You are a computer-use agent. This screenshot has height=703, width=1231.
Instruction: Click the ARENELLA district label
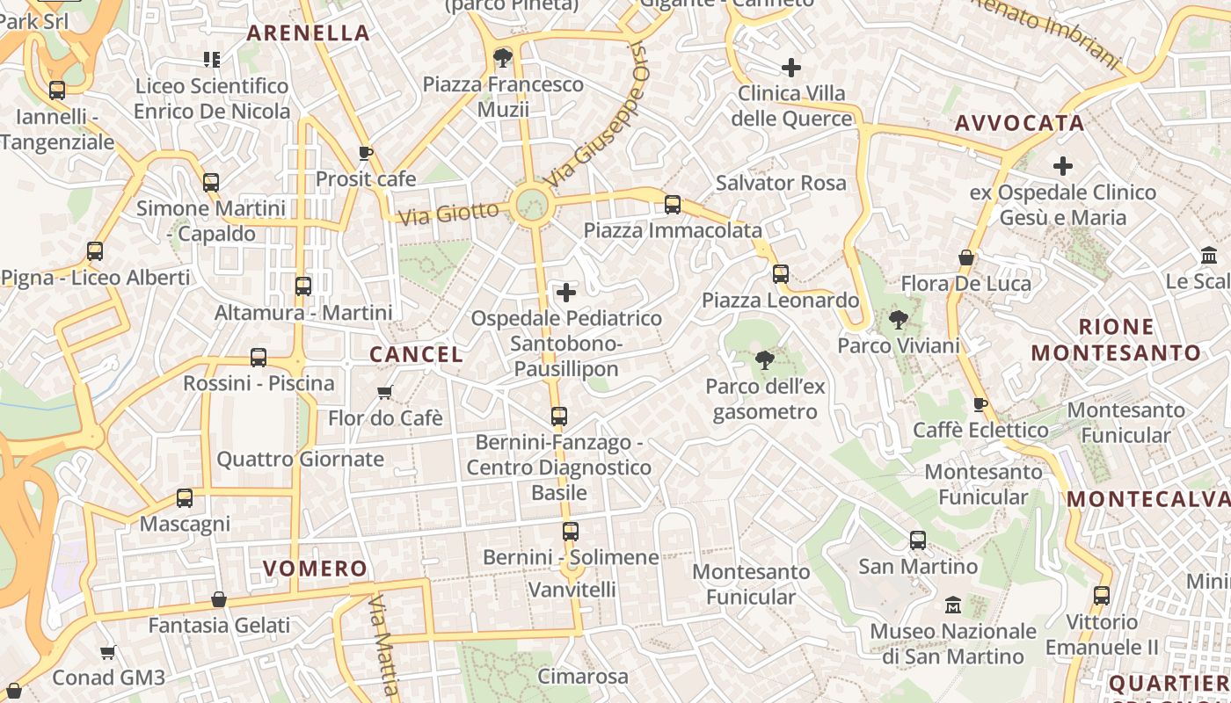click(x=308, y=33)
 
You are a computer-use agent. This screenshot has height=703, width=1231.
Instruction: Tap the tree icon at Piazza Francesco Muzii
click(x=503, y=58)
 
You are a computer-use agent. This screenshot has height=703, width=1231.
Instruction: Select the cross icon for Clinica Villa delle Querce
click(x=791, y=67)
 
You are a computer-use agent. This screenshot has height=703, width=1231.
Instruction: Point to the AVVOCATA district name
click(x=1020, y=123)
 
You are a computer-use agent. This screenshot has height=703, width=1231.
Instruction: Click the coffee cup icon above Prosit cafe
click(x=366, y=153)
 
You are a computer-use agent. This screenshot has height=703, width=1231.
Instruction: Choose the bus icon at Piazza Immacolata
click(x=673, y=205)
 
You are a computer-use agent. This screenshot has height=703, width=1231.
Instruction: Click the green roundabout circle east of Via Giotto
click(x=532, y=204)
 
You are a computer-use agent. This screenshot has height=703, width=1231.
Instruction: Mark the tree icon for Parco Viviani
click(x=898, y=320)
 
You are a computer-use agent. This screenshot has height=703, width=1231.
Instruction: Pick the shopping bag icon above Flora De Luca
click(x=965, y=257)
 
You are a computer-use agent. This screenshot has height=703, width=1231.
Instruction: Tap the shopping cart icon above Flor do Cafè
click(x=384, y=392)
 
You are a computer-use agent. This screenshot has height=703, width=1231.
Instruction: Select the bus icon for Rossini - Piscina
click(x=259, y=358)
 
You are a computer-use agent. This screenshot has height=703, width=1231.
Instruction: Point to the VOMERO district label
click(x=315, y=569)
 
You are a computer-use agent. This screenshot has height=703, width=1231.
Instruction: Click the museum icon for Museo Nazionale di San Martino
click(x=952, y=605)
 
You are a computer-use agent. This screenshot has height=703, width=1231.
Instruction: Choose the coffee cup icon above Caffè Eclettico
click(x=980, y=404)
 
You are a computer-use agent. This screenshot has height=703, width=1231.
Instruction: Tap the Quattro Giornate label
click(x=300, y=459)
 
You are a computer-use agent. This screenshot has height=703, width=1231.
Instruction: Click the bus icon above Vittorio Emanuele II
click(x=1102, y=596)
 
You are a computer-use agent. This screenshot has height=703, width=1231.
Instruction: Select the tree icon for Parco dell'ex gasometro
click(x=764, y=359)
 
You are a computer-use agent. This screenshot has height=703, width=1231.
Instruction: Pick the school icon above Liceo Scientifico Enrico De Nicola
click(x=212, y=60)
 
